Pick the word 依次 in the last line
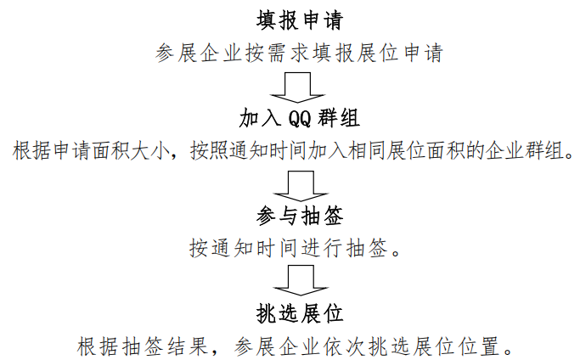[x=358, y=346]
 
